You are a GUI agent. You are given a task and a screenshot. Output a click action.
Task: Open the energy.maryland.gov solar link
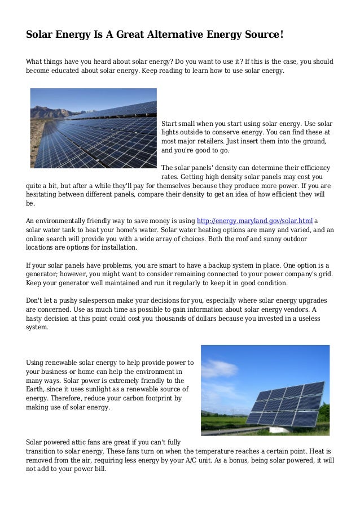pyautogui.click(x=254, y=221)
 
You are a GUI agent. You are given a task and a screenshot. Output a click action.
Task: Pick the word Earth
pyautogui.click(x=37, y=390)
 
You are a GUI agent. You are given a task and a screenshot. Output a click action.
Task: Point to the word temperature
pyautogui.click(x=221, y=451)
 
